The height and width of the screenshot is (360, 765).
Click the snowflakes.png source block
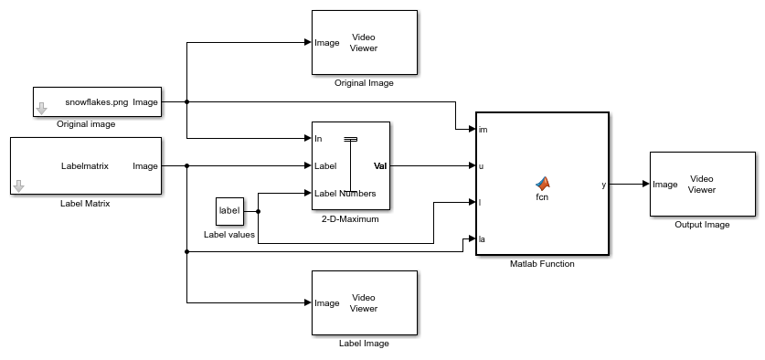[97, 101]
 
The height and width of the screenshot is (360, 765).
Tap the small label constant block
[228, 211]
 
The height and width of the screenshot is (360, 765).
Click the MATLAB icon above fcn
[542, 183]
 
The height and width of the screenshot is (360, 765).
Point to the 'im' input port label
[483, 130]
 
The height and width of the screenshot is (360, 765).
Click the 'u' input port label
[482, 166]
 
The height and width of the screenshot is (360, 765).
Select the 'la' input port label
[483, 239]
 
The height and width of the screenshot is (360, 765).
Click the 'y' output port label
[603, 185]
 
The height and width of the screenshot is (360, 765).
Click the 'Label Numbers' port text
[345, 193]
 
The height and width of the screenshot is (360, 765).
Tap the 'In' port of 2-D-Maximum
[318, 139]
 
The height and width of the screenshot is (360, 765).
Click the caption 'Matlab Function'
[542, 264]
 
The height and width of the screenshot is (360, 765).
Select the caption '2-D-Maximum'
[350, 220]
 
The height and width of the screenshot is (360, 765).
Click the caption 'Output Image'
[702, 225]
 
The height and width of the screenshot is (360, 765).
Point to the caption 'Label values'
[228, 235]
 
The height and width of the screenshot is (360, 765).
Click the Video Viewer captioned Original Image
[364, 43]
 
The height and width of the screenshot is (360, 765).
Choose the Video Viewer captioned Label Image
[364, 302]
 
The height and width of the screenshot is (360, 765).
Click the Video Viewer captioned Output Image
[703, 184]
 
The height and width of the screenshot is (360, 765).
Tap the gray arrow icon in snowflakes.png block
[41, 110]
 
